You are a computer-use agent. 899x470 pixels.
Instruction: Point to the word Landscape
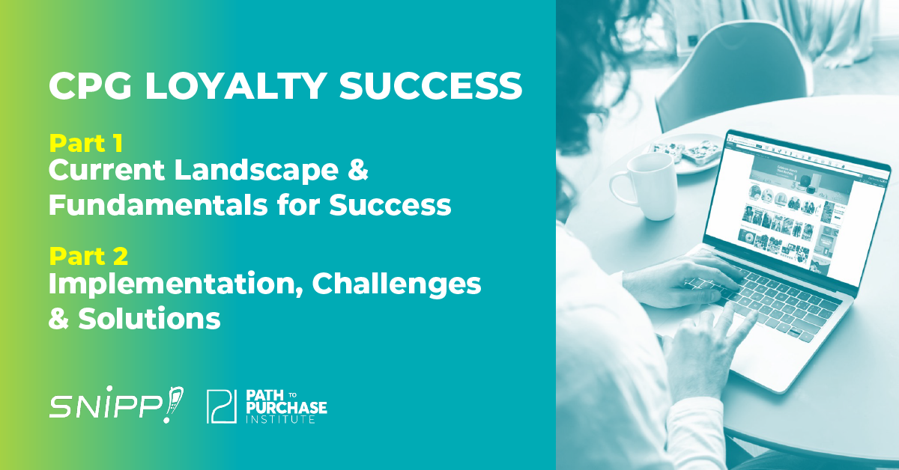click(x=255, y=171)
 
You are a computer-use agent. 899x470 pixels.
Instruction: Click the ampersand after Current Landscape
click(x=357, y=171)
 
